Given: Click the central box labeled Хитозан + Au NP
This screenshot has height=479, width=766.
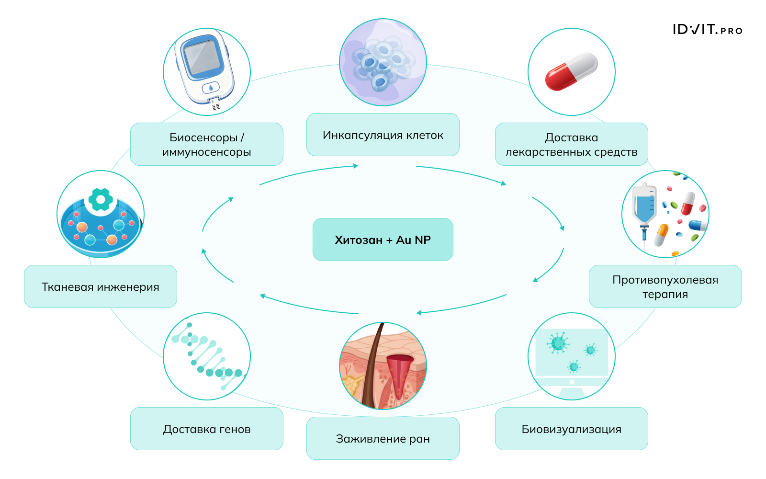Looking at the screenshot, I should click(x=383, y=239).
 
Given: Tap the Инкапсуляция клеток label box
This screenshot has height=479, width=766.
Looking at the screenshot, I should click(x=383, y=135).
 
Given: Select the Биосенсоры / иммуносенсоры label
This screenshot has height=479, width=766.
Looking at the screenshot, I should click(x=206, y=144).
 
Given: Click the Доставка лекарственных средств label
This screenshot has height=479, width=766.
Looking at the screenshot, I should click(x=571, y=144).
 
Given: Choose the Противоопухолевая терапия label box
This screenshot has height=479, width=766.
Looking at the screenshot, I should click(x=665, y=286).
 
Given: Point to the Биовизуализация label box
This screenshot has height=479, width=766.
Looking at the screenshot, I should click(x=571, y=429).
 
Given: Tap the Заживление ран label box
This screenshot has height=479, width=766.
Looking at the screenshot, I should click(x=383, y=438).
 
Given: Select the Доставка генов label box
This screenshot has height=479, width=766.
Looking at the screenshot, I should click(x=206, y=429).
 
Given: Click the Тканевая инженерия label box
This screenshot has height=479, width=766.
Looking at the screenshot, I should click(x=100, y=286).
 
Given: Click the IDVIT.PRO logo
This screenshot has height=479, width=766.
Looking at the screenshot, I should click(x=707, y=30).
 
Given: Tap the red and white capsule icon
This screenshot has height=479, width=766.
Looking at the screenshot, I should click(x=571, y=72).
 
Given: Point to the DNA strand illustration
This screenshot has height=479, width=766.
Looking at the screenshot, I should click(x=207, y=356).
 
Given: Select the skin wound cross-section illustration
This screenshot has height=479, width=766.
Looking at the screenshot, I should click(x=383, y=366).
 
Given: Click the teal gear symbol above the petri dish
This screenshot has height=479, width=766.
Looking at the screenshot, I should click(x=101, y=199).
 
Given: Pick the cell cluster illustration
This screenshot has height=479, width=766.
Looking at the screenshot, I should click(x=383, y=62).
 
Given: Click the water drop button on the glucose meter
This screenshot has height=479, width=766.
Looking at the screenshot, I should click(x=211, y=88).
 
